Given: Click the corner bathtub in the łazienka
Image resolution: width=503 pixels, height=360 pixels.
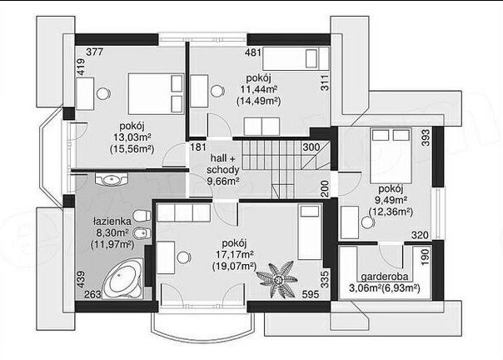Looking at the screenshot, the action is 122,279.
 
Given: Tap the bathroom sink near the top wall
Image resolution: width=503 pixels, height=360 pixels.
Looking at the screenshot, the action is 112,179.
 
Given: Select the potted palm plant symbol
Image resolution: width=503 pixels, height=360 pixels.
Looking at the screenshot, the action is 276,279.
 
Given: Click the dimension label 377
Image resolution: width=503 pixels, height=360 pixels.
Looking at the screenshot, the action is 95,52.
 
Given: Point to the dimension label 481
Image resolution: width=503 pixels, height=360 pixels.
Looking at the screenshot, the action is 253,52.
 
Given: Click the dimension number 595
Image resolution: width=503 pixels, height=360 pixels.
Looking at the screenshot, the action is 311,294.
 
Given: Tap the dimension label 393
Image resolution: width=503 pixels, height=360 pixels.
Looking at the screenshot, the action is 425,137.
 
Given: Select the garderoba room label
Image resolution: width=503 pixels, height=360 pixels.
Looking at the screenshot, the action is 385,277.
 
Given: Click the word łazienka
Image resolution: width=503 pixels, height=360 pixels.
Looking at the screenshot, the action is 112,222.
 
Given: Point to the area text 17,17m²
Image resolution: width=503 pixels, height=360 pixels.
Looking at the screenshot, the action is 235,254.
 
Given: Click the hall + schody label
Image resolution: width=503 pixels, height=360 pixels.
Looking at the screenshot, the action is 223,164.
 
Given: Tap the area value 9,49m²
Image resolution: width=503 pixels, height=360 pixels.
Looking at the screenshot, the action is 391,200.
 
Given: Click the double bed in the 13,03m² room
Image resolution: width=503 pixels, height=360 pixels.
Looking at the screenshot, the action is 156,94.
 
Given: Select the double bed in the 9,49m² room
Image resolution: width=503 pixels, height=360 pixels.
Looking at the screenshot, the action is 391,156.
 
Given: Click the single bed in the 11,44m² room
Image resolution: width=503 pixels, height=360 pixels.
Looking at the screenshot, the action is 296,58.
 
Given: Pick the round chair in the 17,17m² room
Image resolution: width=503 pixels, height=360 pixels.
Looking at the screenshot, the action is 183,257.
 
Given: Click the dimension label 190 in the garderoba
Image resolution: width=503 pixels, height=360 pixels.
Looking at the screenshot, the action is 425,257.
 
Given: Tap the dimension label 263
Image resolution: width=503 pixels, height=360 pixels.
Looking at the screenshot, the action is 92,294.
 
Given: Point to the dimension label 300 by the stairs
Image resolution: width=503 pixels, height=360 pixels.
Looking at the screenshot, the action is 311,147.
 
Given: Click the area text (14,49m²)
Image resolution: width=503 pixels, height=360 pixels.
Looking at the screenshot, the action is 258,101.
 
